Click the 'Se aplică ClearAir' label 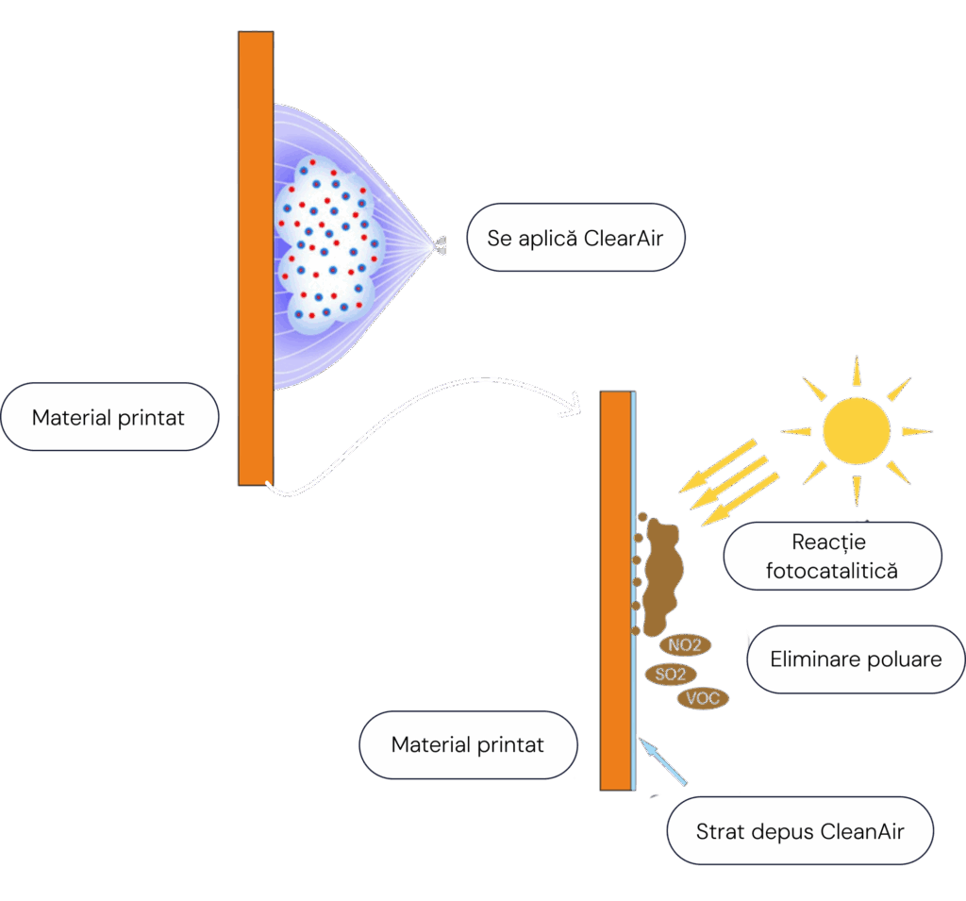(575, 238)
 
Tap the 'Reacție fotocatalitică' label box (832, 557)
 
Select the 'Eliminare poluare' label (856, 659)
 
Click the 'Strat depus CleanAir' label (800, 831)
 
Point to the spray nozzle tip (441, 244)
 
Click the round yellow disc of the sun (856, 430)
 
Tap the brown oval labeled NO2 (685, 646)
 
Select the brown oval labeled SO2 (670, 674)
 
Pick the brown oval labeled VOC (703, 699)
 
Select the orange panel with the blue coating (615, 590)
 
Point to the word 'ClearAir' (623, 238)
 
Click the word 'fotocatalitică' (832, 571)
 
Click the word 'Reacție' (830, 542)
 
